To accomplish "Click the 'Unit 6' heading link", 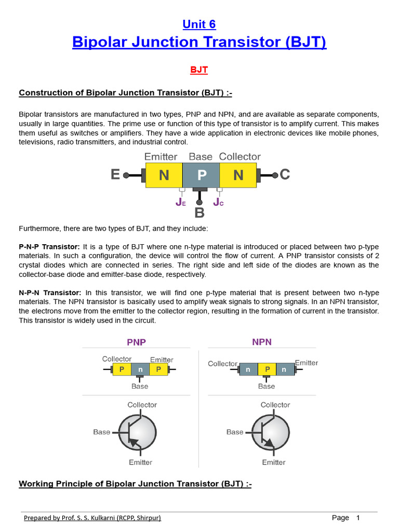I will [x=199, y=24].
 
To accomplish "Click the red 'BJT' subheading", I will [x=199, y=69].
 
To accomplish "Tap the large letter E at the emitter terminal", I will [x=115, y=175].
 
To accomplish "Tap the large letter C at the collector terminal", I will [x=285, y=175].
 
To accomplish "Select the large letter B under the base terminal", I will [x=199, y=212].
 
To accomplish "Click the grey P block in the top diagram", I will [x=201, y=175].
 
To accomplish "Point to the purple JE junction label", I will [x=180, y=202].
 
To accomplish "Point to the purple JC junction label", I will [x=218, y=202].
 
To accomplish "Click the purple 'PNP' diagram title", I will [x=137, y=342].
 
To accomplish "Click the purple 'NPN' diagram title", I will [x=262, y=342].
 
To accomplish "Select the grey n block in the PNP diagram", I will [x=140, y=369].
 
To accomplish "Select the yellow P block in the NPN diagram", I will [x=267, y=369].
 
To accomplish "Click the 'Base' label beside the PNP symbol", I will [x=102, y=432].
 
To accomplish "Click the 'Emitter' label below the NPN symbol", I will [x=274, y=462].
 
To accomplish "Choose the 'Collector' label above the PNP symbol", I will [x=142, y=405].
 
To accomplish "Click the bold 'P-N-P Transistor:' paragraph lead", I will [x=49, y=246].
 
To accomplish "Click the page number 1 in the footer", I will [x=357, y=517].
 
